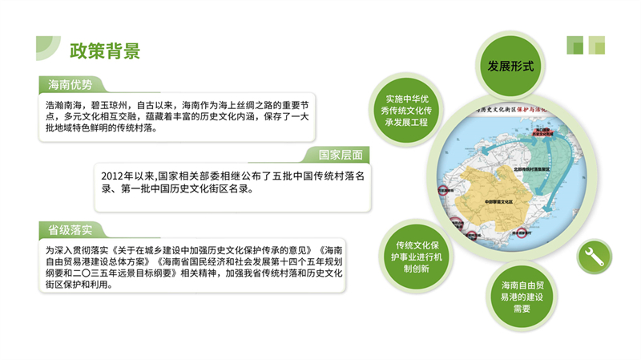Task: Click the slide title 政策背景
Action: [104, 51]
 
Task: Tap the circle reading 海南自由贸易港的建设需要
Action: [522, 296]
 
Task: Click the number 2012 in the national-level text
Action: [115, 175]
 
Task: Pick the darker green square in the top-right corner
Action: [574, 45]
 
